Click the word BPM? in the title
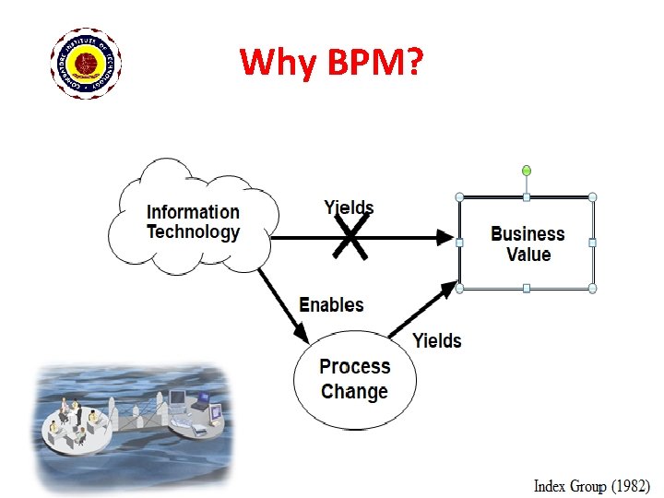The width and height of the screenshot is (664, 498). coord(374,63)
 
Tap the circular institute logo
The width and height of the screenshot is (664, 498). coord(87,63)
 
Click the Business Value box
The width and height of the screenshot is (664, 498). coord(527,243)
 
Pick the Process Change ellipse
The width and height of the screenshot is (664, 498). coord(354,378)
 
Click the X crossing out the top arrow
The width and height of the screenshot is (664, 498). coord(350,237)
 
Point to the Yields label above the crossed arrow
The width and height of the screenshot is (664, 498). coord(349,207)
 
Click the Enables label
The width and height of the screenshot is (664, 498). coord(332,304)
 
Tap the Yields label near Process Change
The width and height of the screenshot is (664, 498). coord(437,340)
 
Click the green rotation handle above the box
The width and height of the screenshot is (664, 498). coord(527,171)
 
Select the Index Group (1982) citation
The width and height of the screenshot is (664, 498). coord(592,484)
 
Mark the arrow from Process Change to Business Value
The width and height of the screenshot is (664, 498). coord(423,312)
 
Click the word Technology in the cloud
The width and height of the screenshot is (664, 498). coord(193,232)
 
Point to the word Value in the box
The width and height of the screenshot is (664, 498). coord(528,255)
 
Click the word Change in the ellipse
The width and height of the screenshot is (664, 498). coord(354,391)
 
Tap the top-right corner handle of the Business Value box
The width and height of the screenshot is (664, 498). coord(593,196)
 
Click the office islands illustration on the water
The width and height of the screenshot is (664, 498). coord(129,421)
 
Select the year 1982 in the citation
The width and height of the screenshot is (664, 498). coord(628,484)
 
